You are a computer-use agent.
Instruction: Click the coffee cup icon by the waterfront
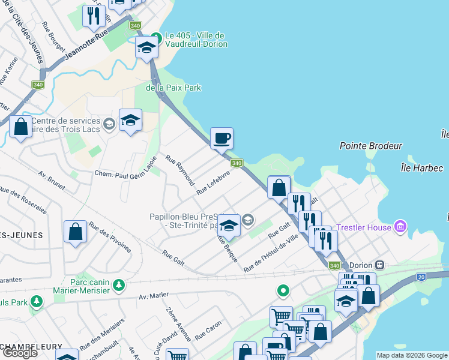click(221, 139)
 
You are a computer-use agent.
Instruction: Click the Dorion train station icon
click(379, 265)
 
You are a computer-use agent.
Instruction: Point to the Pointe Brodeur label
click(370, 146)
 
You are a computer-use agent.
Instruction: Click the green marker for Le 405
click(156, 37)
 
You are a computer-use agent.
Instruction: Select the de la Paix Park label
click(173, 88)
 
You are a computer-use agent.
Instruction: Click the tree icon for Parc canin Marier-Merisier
click(119, 284)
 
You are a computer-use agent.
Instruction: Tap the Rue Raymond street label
click(180, 170)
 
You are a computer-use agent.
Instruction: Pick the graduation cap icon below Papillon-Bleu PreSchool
click(229, 226)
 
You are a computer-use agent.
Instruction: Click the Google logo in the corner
click(20, 353)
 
